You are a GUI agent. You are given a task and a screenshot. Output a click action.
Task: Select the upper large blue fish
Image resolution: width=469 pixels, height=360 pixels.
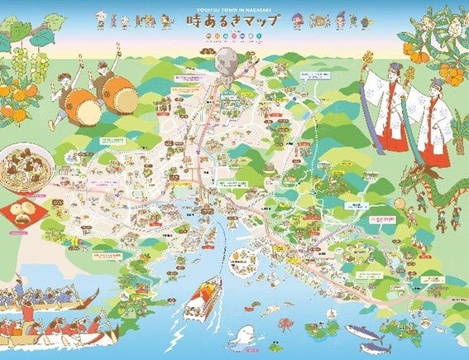click(x=364, y=332)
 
